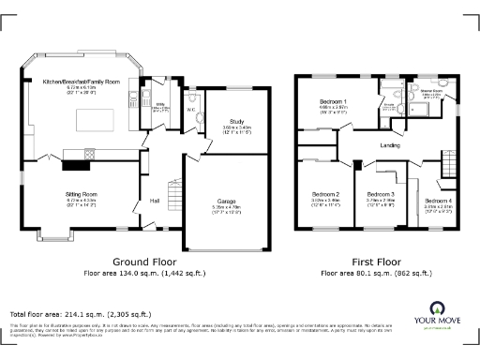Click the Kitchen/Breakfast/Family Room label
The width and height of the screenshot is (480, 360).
(82, 82)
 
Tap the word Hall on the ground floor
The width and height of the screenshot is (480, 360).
(154, 200)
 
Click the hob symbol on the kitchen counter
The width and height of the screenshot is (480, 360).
(90, 154)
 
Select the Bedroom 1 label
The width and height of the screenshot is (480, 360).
(333, 101)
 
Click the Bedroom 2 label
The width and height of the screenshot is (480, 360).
(325, 194)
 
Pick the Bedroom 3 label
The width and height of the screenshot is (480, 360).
(380, 194)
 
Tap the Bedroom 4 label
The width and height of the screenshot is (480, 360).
(437, 200)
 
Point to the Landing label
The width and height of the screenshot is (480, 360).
(391, 145)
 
